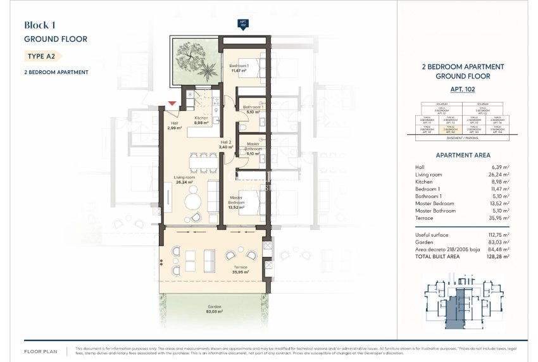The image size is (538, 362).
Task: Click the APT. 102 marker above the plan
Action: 242,24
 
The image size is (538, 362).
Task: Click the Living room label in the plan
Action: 185,180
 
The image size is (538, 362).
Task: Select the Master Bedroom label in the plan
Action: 235,201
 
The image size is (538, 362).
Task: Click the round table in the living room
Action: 194,202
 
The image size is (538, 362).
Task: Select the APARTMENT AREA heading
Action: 463,155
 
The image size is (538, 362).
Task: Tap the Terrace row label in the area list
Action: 425,218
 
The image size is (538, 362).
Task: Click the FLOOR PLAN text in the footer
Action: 42,350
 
